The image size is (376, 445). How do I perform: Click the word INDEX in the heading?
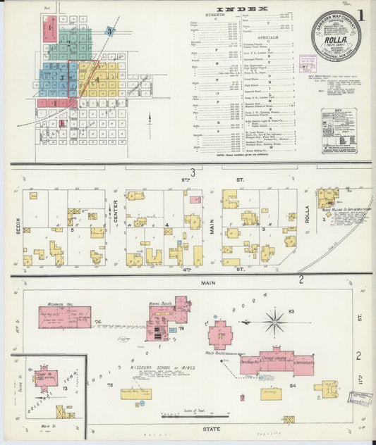tap(242, 9)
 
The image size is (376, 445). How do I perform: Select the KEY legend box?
tap(339, 131)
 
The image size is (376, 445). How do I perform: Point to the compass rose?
tap(274, 322)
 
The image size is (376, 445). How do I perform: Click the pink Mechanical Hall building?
tap(65, 317)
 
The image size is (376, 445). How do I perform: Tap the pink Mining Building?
tap(168, 318)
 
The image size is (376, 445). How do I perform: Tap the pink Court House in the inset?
tap(47, 379)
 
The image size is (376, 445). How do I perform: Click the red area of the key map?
tap(51, 28)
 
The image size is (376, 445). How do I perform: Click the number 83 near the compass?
tap(291, 311)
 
